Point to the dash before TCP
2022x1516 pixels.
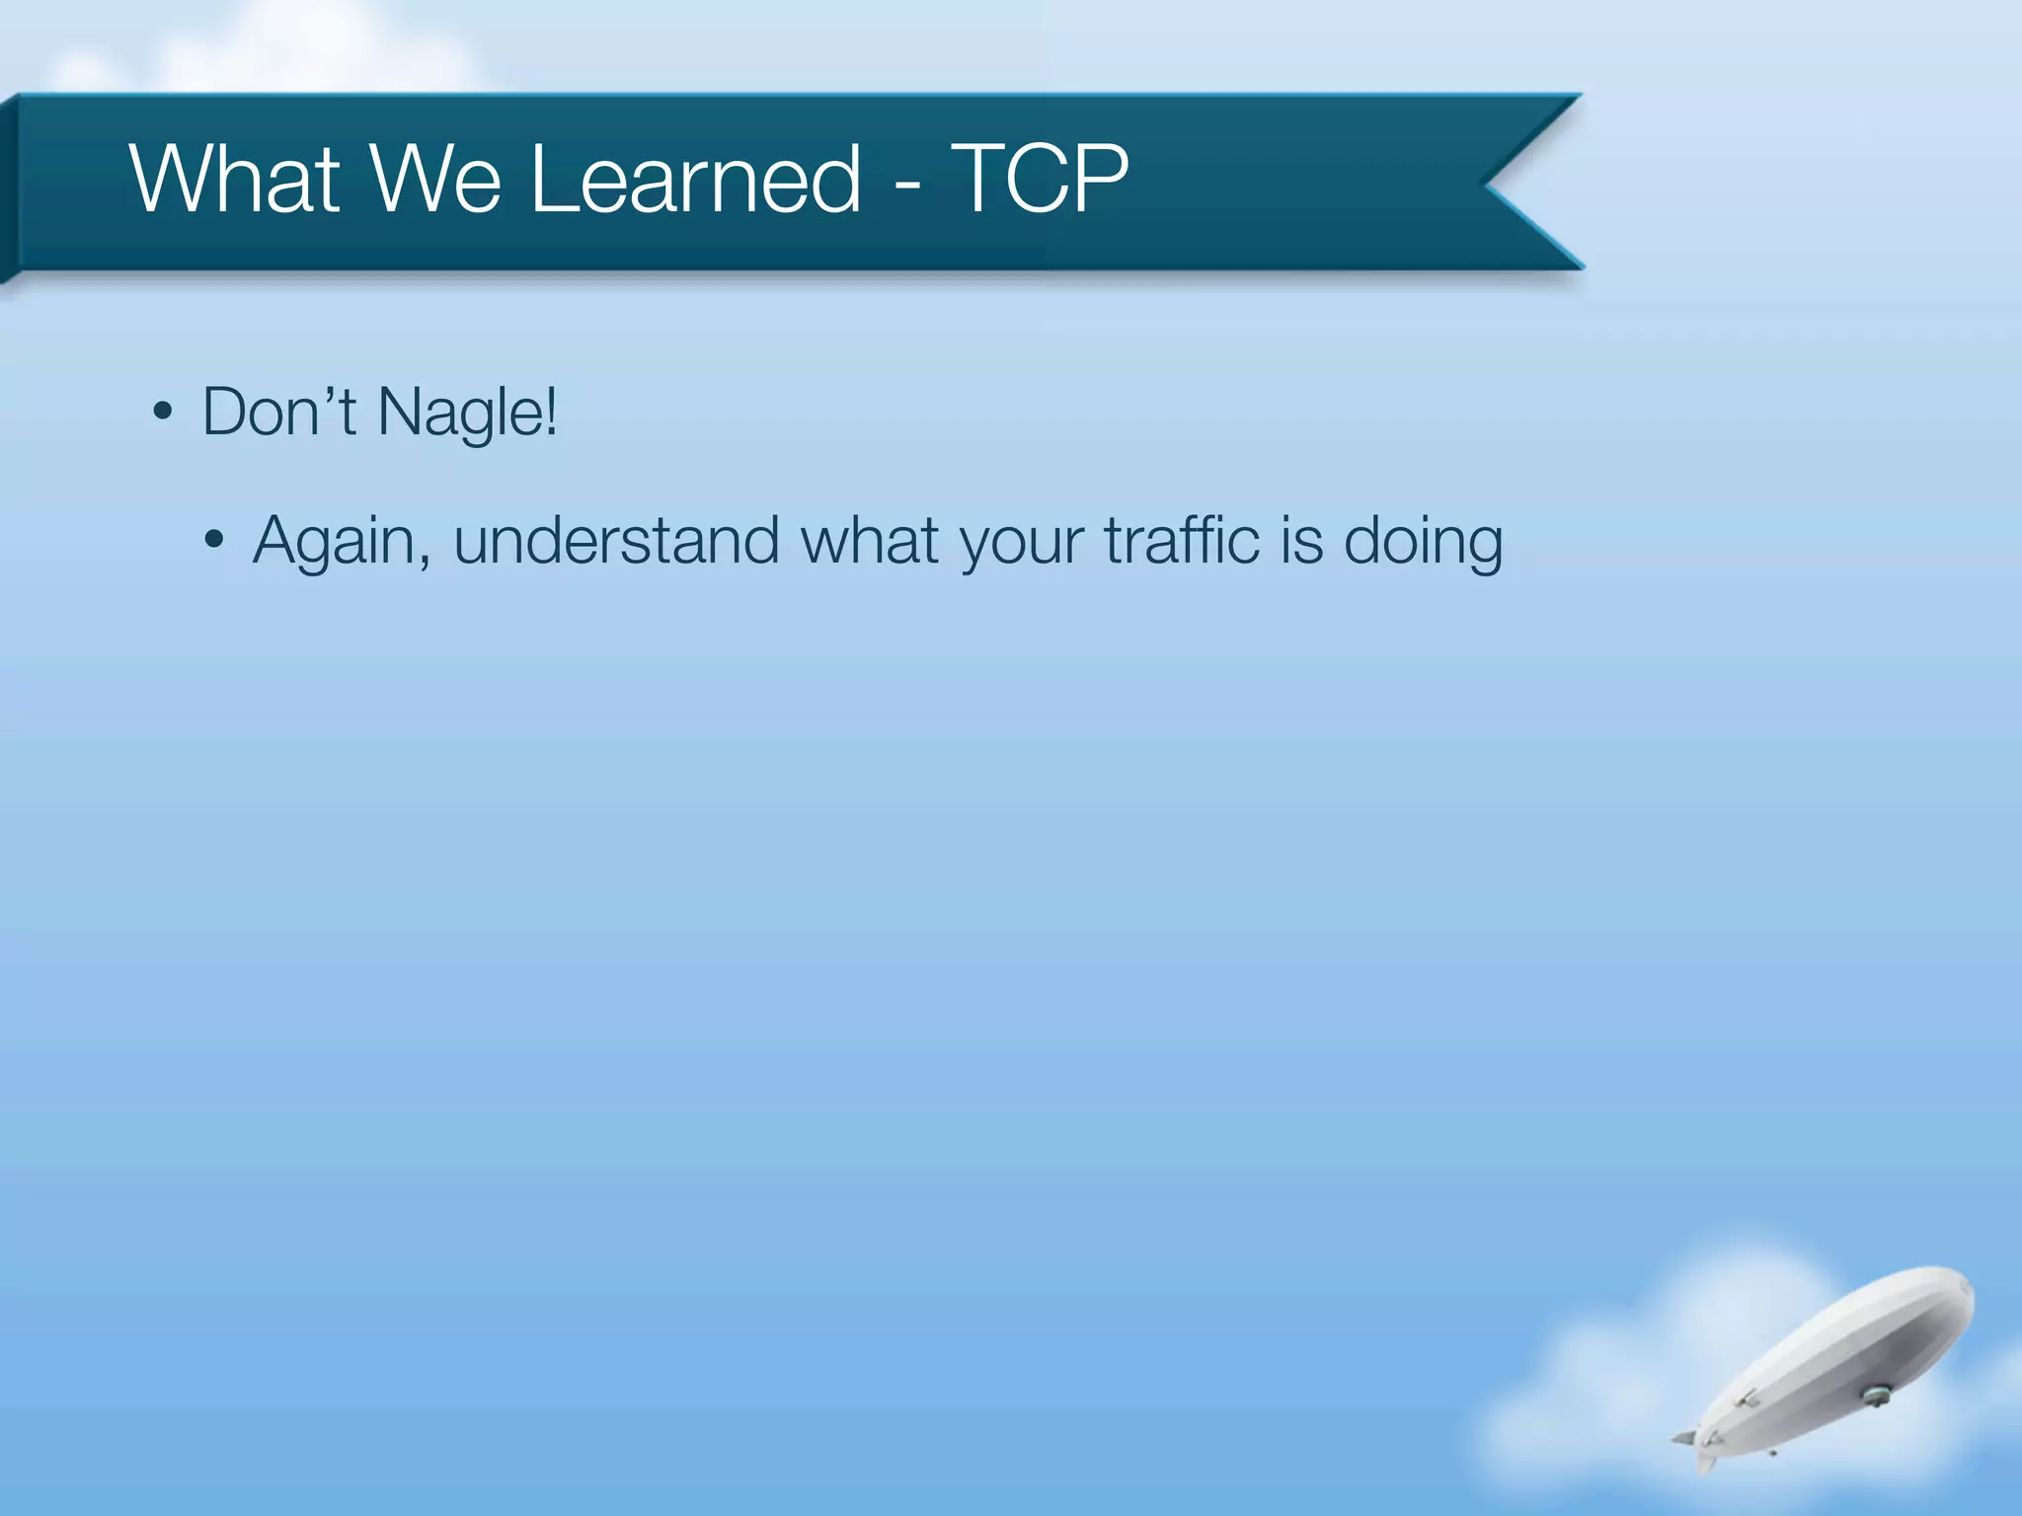pos(906,186)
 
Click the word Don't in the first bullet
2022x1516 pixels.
pos(278,412)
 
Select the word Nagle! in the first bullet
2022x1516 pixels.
pos(468,414)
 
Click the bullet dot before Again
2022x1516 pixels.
pos(214,541)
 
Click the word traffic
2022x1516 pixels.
pos(1182,541)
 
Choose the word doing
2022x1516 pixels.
pos(1423,543)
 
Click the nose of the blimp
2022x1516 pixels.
pos(1965,1288)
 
